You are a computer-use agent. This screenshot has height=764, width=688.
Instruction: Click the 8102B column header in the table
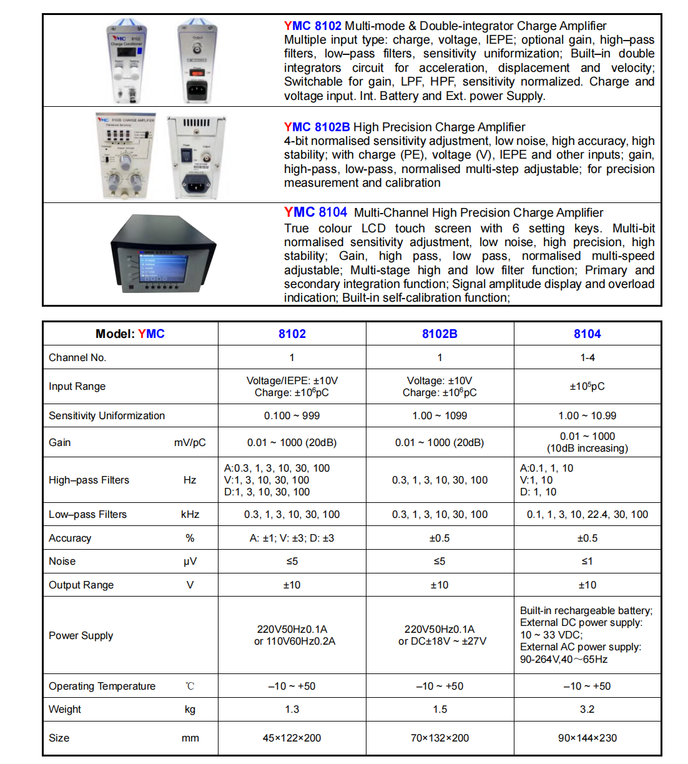(x=440, y=334)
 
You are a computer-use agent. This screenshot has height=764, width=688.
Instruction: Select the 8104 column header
(x=587, y=334)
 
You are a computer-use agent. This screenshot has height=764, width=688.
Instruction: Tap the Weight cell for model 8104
(x=587, y=709)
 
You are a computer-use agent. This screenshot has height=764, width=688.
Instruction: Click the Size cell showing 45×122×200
(x=292, y=738)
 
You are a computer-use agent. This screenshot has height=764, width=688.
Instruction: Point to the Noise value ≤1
(x=587, y=561)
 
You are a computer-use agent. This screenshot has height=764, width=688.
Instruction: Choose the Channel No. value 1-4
(x=587, y=357)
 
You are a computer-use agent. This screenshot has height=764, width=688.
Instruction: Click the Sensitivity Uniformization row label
(x=107, y=415)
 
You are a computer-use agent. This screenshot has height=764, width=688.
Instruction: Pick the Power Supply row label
(x=81, y=635)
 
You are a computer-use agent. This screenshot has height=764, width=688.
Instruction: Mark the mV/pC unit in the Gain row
(x=190, y=442)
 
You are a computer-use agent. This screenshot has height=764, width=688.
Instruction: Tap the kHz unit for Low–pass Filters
(x=190, y=514)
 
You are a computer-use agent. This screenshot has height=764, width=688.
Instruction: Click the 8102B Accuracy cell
(x=440, y=538)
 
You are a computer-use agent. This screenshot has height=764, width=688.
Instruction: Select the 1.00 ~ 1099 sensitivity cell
(x=440, y=415)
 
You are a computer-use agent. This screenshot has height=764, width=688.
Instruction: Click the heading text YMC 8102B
(x=317, y=127)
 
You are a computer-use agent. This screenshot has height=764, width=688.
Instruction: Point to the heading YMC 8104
(x=315, y=212)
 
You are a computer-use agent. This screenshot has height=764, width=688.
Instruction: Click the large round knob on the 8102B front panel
(x=124, y=161)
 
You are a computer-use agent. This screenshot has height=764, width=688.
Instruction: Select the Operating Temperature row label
(x=102, y=686)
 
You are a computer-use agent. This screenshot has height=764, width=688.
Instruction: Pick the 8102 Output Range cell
(x=292, y=585)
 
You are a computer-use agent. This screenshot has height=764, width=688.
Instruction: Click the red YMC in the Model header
(x=151, y=334)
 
